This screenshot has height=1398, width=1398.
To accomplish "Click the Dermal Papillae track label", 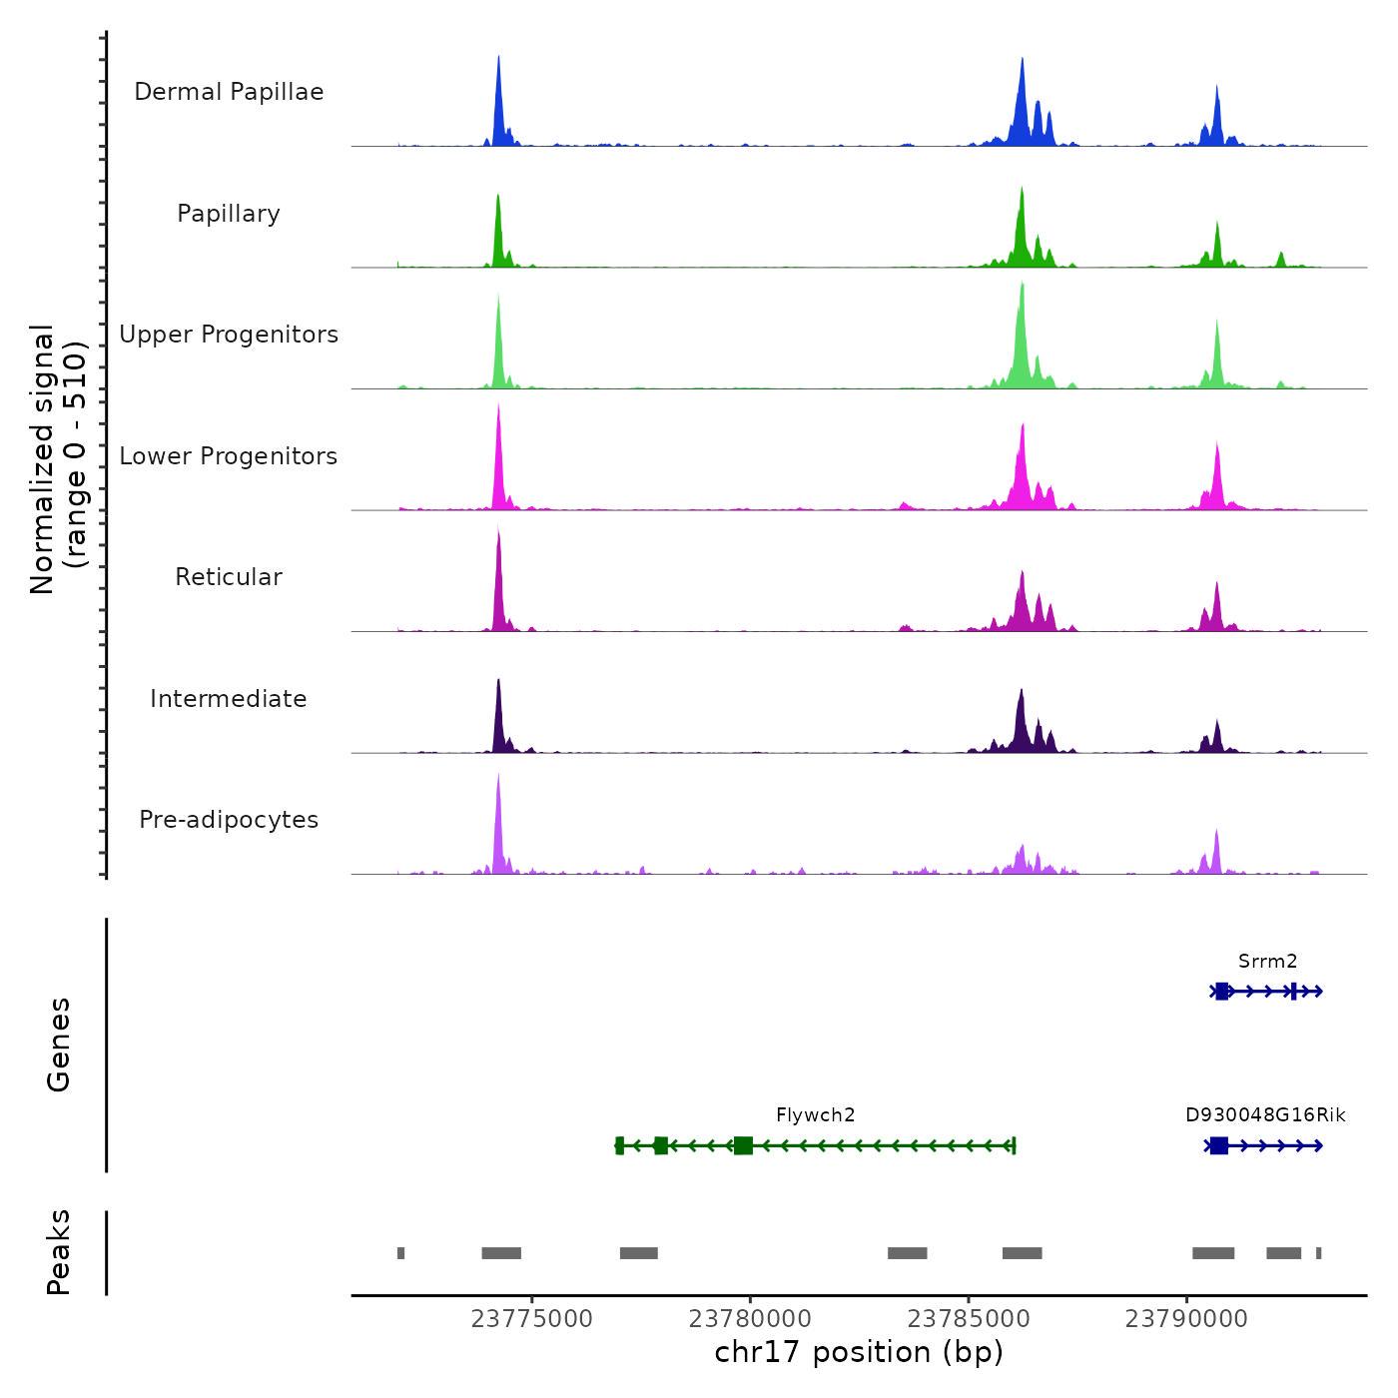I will coord(229,92).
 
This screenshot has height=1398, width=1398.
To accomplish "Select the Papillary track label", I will coord(229,214).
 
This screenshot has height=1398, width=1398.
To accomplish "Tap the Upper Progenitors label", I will coord(229,335).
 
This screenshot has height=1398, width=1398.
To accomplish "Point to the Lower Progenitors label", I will coord(229,456).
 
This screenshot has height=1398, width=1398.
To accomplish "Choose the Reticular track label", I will coord(229,577).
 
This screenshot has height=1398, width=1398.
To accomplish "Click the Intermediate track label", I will coord(229,699).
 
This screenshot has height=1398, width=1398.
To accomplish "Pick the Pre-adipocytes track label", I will coord(229,820).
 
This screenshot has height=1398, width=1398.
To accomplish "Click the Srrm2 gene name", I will coord(1267,962).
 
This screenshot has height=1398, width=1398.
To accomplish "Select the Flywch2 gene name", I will coord(815,1115).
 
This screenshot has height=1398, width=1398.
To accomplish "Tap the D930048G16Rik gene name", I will coord(1265,1115).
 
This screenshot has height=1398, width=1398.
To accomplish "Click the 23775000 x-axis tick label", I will coord(531,1319).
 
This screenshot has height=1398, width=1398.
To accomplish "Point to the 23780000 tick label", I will coord(750,1319).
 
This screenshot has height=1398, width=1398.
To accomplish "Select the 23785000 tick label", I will coord(968,1319).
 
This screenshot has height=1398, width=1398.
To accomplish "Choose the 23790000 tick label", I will coord(1186,1319).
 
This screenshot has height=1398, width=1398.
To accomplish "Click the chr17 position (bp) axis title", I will coord(859,1352).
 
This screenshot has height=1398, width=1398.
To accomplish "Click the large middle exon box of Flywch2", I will coord(743,1145).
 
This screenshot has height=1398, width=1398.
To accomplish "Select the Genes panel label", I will coord(59,1045).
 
